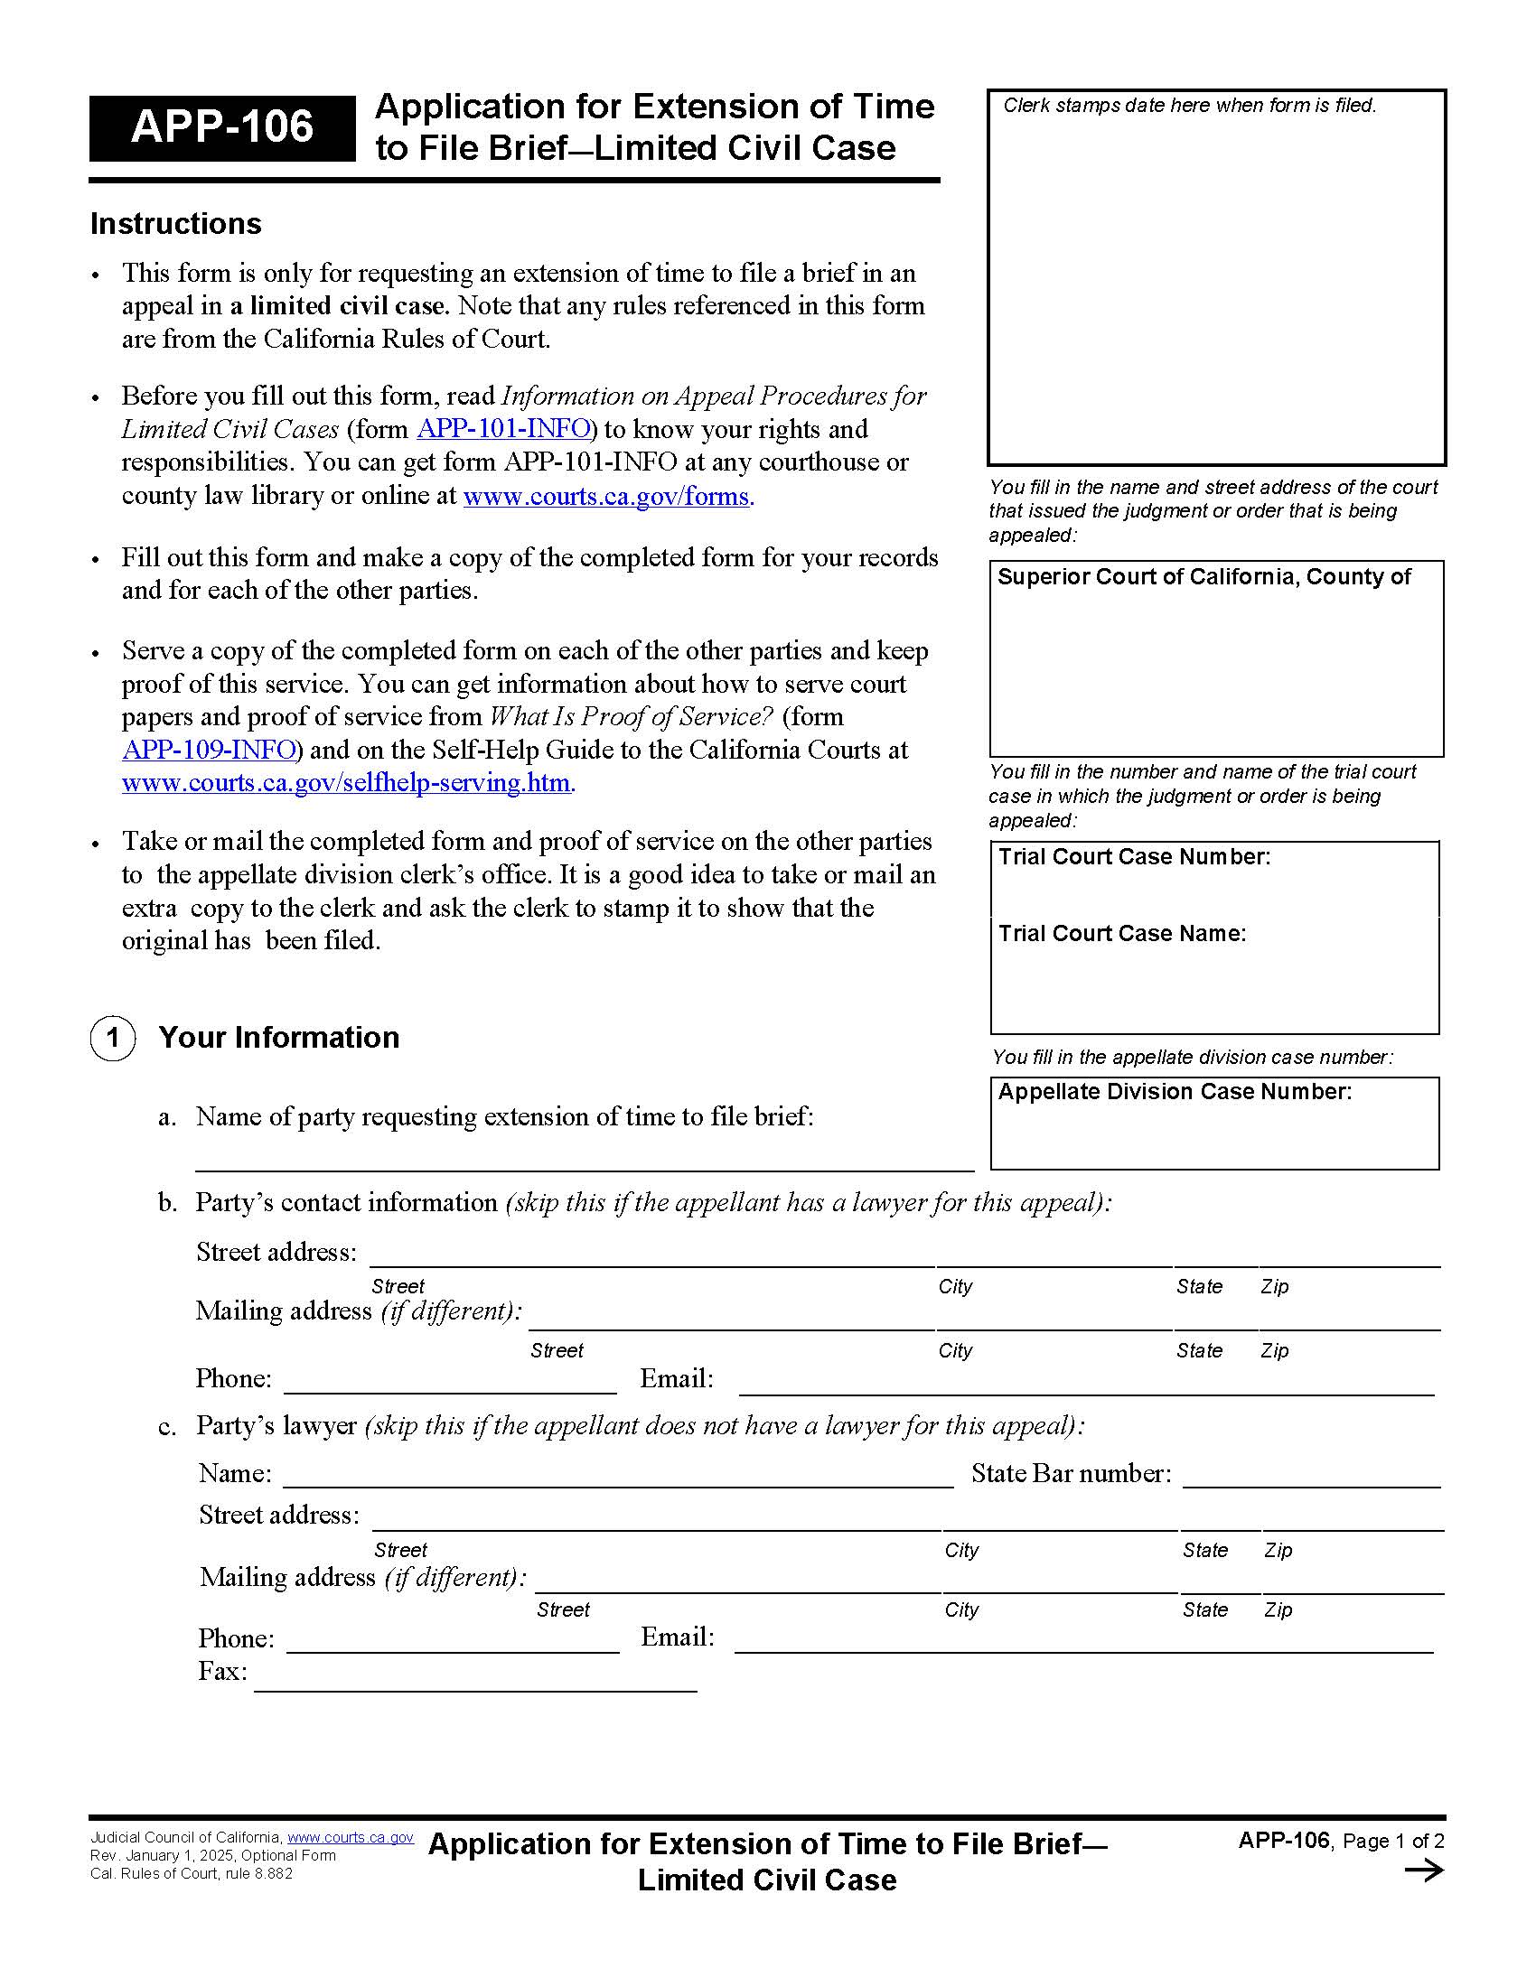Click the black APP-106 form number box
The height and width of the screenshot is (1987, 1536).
[222, 127]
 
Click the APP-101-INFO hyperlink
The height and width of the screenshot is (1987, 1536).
[503, 428]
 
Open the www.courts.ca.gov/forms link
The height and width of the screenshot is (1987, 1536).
[606, 496]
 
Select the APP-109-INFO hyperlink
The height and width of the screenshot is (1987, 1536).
[210, 750]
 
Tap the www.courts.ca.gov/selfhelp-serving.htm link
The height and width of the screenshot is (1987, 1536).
[346, 782]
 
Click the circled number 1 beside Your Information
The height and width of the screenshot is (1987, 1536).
[113, 1038]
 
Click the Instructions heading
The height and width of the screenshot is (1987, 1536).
[175, 224]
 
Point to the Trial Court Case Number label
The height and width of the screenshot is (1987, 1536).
[1134, 857]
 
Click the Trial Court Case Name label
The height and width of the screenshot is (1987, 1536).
[1121, 934]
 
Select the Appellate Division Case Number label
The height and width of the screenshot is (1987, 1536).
[1174, 1092]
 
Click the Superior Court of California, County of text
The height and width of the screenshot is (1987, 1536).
[1203, 577]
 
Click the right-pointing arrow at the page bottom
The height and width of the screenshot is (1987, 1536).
[1424, 1871]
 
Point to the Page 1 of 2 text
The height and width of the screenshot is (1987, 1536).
[1393, 1842]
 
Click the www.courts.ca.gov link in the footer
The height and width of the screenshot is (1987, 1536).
[351, 1838]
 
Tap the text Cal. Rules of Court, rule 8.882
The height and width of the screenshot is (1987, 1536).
[191, 1873]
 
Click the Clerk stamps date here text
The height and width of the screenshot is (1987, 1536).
[1188, 106]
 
